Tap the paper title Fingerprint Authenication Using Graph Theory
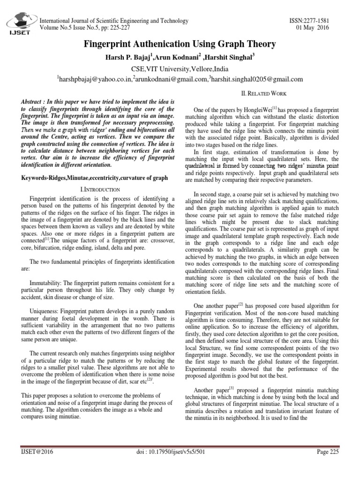point(180,45)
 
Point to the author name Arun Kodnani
point(180,57)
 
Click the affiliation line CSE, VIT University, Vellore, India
point(180,68)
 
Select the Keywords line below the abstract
point(94,178)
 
